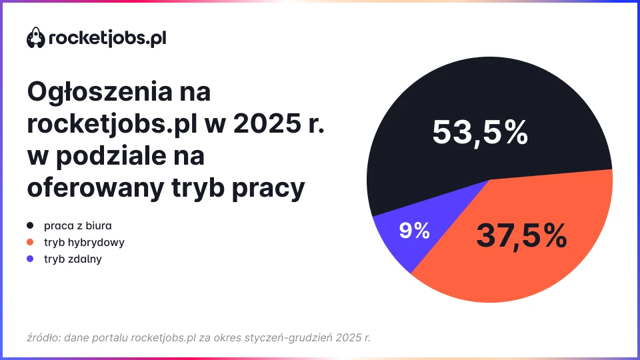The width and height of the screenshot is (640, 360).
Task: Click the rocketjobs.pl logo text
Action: point(107,39)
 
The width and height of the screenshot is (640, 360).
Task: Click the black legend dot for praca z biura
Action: point(31,225)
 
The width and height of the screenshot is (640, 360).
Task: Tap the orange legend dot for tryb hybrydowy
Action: point(31,242)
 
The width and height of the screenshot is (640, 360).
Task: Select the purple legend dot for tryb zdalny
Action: point(31,259)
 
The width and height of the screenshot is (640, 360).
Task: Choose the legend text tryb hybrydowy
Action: point(84,242)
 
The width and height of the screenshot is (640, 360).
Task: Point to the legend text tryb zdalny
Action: point(73,259)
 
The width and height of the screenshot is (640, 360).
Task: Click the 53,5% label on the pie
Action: point(479,132)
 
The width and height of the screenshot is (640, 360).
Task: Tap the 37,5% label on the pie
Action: point(521,235)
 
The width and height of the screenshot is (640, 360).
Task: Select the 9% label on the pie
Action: point(414,231)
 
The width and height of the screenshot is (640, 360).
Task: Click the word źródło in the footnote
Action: point(43,337)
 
